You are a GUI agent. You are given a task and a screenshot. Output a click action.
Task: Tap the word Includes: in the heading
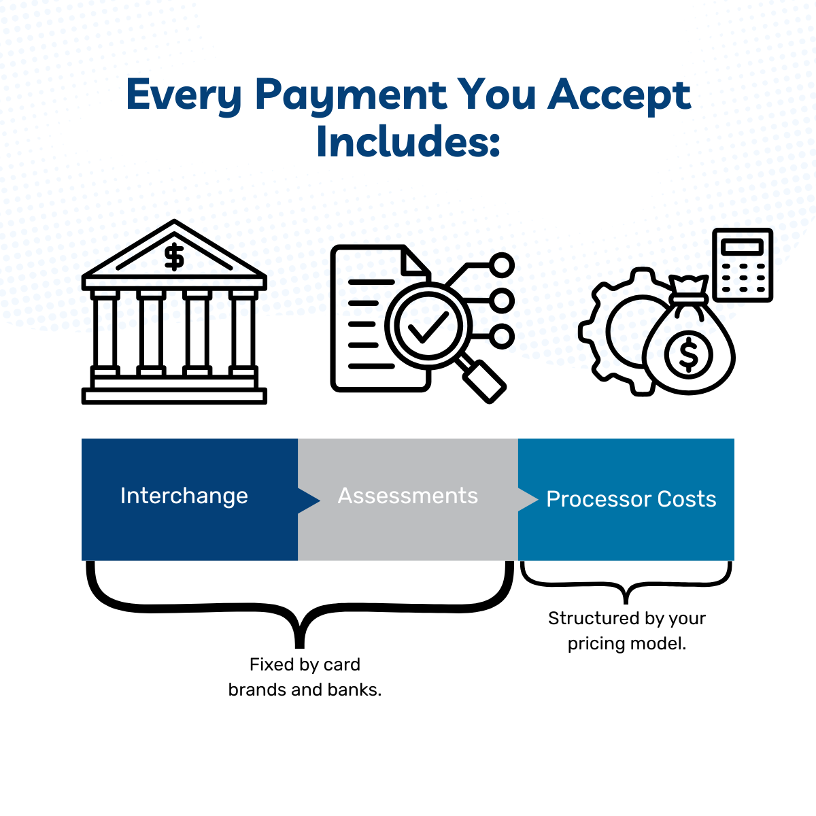408,142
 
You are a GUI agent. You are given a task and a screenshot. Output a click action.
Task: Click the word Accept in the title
619,95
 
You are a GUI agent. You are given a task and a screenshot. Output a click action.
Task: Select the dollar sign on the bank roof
174,257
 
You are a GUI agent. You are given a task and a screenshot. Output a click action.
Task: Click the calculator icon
742,265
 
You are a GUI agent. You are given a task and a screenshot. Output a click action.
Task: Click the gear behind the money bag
612,333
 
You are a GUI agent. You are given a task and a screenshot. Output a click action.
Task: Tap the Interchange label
184,496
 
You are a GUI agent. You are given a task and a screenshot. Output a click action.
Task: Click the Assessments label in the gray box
408,496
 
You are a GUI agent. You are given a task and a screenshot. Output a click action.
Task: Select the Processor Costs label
631,499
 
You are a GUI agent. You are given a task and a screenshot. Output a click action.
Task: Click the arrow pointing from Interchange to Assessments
308,500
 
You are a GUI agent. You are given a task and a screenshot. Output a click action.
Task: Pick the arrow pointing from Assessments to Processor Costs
528,499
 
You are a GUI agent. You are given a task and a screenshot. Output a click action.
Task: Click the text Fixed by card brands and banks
305,677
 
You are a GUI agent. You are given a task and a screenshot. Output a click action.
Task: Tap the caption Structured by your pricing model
626,630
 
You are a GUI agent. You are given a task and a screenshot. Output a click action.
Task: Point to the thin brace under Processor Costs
626,585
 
